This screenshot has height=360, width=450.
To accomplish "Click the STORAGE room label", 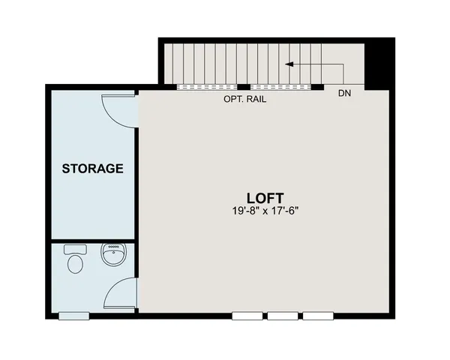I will [92, 169].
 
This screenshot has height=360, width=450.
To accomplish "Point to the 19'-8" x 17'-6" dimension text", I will [259, 211].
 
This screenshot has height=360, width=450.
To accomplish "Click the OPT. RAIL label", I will [245, 98].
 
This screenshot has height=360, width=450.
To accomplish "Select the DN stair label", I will [344, 94].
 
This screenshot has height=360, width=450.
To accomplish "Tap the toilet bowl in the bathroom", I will [75, 265].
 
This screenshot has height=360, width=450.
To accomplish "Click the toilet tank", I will [74, 249].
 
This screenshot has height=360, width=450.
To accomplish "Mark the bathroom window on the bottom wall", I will [75, 316].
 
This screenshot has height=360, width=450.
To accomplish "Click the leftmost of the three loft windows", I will [247, 316].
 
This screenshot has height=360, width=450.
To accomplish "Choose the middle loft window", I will [282, 316].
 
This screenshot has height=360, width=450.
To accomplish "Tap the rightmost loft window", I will [317, 316].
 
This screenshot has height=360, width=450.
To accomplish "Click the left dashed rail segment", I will [208, 86].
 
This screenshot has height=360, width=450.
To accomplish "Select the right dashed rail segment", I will [280, 86].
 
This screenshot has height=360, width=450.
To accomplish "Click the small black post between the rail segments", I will [244, 86].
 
